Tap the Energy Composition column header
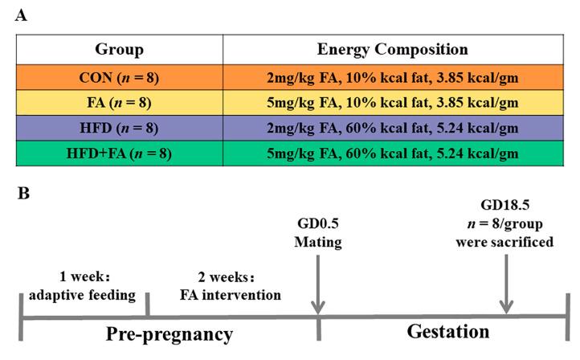coord(392,50)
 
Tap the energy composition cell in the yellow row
coord(392,104)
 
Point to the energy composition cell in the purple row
coord(392,129)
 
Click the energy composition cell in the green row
coord(392,153)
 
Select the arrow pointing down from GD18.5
coord(506,285)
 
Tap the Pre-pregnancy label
coord(170,333)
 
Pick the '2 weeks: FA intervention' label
coord(234,287)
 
